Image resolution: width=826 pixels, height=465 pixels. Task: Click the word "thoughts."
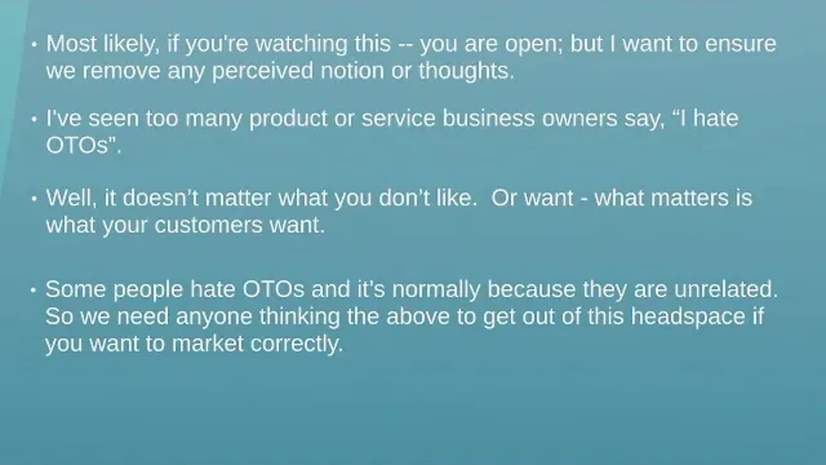(467, 70)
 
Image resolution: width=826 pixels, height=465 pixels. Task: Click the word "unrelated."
(725, 289)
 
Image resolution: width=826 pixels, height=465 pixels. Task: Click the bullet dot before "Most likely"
(35, 45)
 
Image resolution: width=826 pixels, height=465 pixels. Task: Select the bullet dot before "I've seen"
(35, 120)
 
